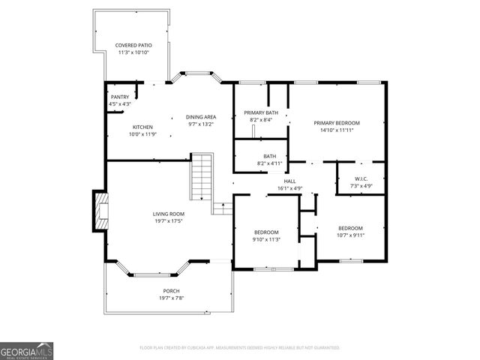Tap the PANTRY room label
click(x=120, y=97)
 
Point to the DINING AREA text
click(x=201, y=117)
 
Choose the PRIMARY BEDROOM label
click(x=337, y=123)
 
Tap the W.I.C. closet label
click(x=361, y=178)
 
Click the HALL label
click(x=289, y=181)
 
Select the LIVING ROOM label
click(x=169, y=214)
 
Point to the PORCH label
click(x=171, y=291)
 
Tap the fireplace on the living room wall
click(x=100, y=211)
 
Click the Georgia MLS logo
click(x=27, y=350)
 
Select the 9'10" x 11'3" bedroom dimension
click(x=266, y=239)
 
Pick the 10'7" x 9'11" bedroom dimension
click(x=350, y=235)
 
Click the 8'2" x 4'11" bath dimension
click(x=269, y=163)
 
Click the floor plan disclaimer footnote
click(x=239, y=348)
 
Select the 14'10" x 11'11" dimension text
click(x=337, y=130)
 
